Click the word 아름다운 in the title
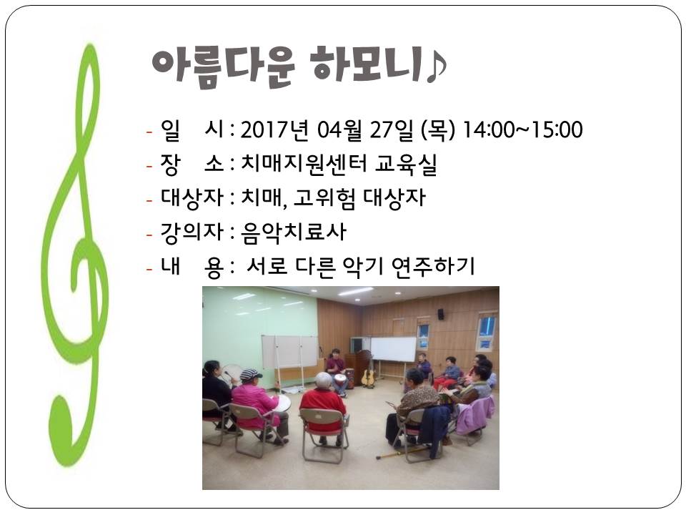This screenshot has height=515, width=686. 223,66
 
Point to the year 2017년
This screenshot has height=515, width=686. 274,130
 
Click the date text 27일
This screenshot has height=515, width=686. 391,130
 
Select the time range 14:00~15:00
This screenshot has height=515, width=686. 522,130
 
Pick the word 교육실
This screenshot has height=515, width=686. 406,165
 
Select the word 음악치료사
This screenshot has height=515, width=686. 294,232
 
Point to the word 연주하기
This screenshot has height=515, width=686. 433,266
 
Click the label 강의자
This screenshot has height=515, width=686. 192,232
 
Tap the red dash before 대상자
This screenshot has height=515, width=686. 149,200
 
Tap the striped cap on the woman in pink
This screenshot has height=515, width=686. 250,374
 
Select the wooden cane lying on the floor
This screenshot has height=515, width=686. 401,452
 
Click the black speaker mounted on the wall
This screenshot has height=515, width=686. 441,313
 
